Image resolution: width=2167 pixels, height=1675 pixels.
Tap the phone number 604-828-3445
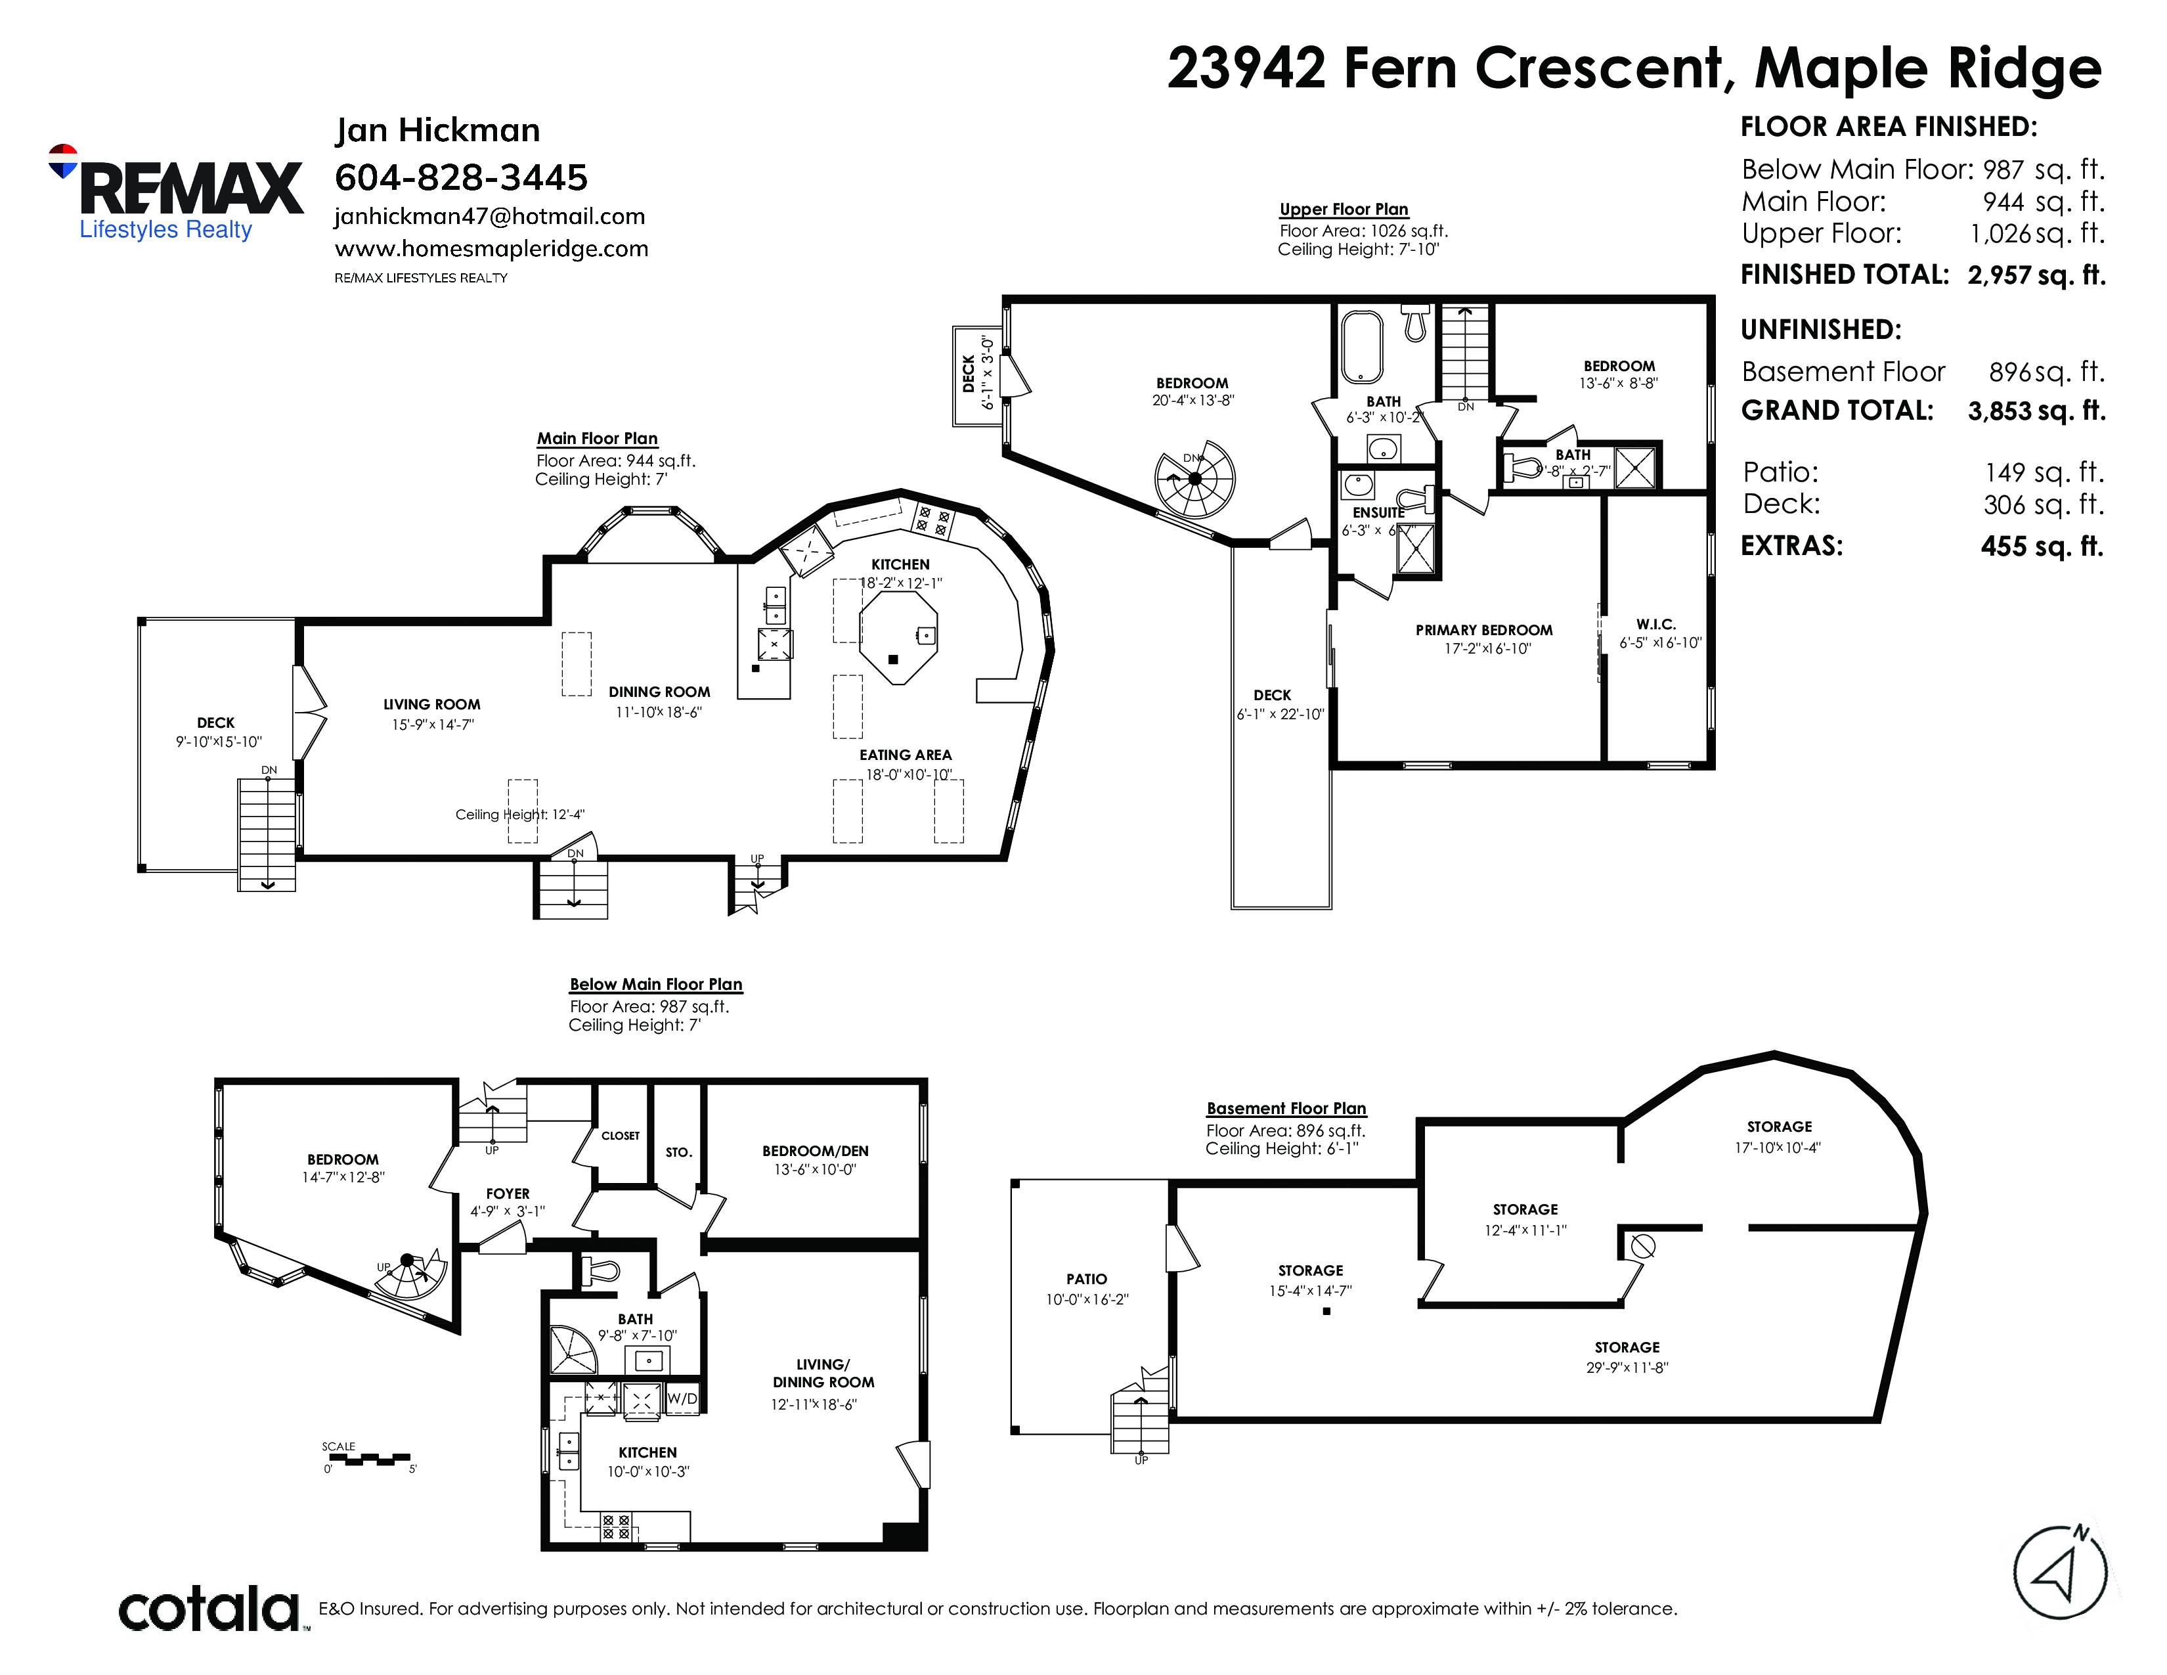[462, 177]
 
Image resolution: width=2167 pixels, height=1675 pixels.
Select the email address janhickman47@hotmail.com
[490, 216]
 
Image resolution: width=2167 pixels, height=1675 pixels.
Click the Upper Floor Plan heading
[1344, 210]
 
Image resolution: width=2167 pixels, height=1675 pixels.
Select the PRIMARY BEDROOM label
[1484, 630]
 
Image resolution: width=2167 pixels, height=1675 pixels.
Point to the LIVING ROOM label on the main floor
[431, 705]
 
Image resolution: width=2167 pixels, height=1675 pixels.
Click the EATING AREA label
[905, 755]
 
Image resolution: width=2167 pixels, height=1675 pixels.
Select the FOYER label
[508, 1194]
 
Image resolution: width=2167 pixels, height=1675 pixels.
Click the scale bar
[366, 1460]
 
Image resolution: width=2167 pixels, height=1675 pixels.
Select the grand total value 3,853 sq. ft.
[2036, 411]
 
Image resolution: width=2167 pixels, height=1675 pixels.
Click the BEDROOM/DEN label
[815, 1151]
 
